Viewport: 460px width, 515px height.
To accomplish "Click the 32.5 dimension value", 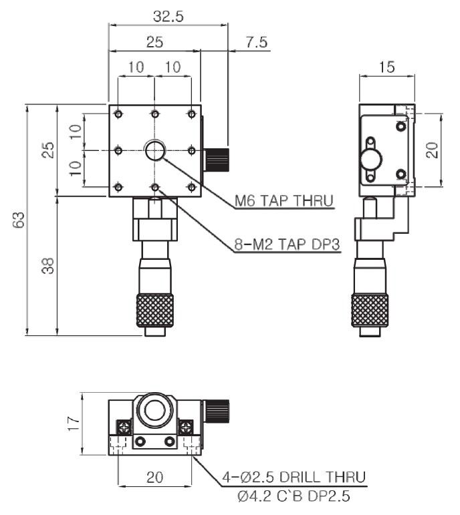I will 168,15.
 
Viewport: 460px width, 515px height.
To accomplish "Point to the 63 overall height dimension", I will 18,220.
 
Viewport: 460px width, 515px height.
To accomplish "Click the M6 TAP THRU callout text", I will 283,200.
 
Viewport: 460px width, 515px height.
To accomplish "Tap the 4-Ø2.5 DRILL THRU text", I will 294,477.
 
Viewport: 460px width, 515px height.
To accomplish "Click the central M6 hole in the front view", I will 155,151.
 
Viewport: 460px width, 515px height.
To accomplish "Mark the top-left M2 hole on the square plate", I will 118,114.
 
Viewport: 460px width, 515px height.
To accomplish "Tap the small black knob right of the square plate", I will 217,159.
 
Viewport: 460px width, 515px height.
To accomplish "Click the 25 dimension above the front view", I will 154,41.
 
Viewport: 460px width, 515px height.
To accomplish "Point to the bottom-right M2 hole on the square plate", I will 192,187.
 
